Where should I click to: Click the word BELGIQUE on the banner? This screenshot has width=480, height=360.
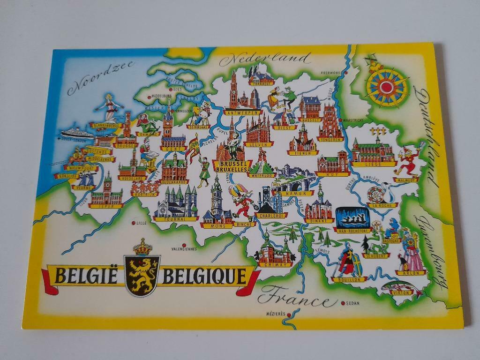[x=204, y=277]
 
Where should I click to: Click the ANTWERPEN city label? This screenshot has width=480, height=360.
[x=242, y=113]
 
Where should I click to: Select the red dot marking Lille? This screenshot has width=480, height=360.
[x=134, y=223]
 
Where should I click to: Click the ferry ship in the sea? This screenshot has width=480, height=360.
[x=78, y=131]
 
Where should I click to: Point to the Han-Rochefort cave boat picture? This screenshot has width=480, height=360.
[x=352, y=217]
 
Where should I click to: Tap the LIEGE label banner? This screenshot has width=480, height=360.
[x=373, y=164]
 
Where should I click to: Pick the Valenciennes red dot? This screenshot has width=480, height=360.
[x=184, y=244]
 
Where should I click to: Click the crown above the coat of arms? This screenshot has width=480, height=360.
[x=142, y=247]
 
